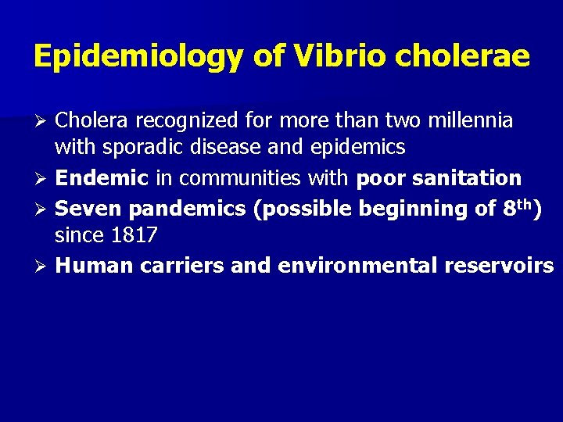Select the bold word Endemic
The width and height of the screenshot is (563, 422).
point(102,178)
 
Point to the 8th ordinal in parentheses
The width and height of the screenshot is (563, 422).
point(519,208)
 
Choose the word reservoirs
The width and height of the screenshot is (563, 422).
point(499,266)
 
